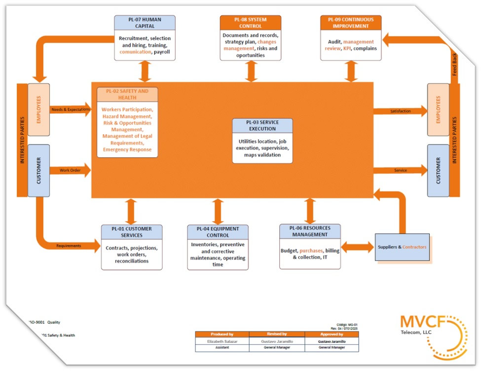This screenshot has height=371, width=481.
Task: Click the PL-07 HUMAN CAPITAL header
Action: click(145, 23)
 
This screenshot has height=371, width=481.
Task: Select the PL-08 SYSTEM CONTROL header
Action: click(251, 23)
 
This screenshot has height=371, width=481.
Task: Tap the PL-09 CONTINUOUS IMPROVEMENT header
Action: click(351, 23)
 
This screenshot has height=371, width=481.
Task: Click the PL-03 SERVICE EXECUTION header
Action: click(262, 125)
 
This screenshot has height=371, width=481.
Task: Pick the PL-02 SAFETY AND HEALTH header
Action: click(127, 94)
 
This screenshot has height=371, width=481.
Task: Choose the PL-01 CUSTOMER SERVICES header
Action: click(132, 232)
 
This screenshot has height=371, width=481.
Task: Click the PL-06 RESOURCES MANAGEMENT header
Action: click(310, 231)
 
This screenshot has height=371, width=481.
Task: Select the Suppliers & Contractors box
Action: click(402, 247)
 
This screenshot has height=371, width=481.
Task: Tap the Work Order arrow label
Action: click(70, 171)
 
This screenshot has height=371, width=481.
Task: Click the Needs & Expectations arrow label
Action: click(70, 110)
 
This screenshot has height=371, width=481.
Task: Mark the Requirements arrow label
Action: click(69, 245)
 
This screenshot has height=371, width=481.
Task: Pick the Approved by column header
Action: click(332, 334)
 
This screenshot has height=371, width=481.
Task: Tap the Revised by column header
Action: click(277, 334)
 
